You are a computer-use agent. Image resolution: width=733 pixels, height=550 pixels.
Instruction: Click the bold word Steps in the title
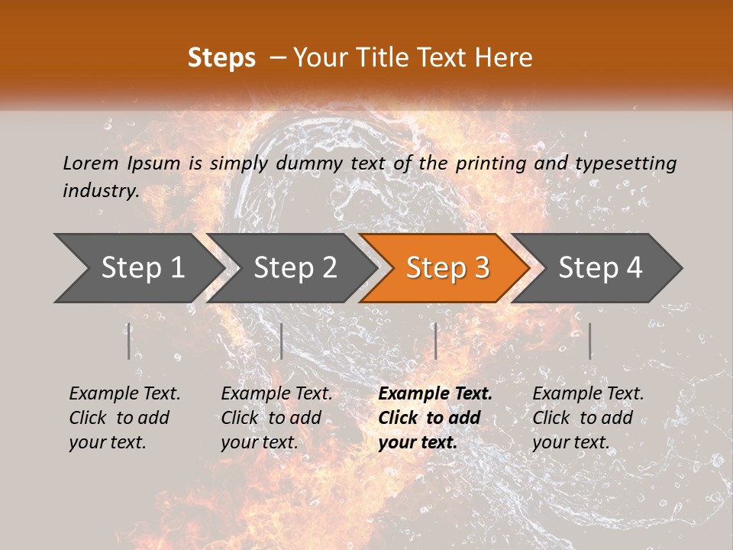[x=221, y=58]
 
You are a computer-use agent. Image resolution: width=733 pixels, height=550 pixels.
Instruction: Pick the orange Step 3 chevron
[x=447, y=268]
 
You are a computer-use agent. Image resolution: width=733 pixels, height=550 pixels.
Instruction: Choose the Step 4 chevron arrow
[x=600, y=268]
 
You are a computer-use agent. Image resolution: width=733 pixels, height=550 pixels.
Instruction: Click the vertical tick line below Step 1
[x=129, y=341]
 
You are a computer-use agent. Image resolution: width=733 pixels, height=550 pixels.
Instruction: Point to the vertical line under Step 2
[x=282, y=341]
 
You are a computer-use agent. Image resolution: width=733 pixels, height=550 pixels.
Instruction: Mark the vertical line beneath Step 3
[x=435, y=341]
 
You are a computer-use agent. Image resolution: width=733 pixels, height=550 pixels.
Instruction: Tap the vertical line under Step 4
[x=589, y=341]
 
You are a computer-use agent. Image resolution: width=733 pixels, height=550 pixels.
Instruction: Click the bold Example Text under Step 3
[x=435, y=417]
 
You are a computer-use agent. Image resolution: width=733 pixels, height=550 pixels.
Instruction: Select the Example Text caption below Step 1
[x=124, y=417]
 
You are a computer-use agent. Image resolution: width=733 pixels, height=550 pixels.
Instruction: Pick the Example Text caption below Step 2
[x=276, y=417]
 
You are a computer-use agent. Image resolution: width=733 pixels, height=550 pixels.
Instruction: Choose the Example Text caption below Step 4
[x=588, y=417]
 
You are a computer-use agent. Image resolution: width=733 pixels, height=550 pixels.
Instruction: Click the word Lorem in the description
[x=91, y=163]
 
